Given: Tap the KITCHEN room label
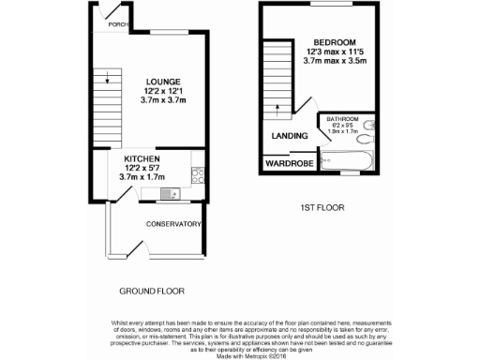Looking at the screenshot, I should click(x=142, y=159).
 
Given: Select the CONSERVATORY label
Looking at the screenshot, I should click(x=174, y=224).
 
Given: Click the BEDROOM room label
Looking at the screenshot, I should click(x=334, y=42).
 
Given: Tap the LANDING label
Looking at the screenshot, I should click(x=291, y=137).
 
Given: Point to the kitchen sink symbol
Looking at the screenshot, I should click(x=169, y=194).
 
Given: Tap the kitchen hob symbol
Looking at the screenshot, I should click(x=198, y=174).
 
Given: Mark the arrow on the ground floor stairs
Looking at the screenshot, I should click(x=108, y=79).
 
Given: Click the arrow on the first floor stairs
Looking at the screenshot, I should click(x=278, y=106).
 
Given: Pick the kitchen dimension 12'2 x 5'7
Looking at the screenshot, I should click(x=142, y=168).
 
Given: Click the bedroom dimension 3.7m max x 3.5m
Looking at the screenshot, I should click(x=334, y=61).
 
